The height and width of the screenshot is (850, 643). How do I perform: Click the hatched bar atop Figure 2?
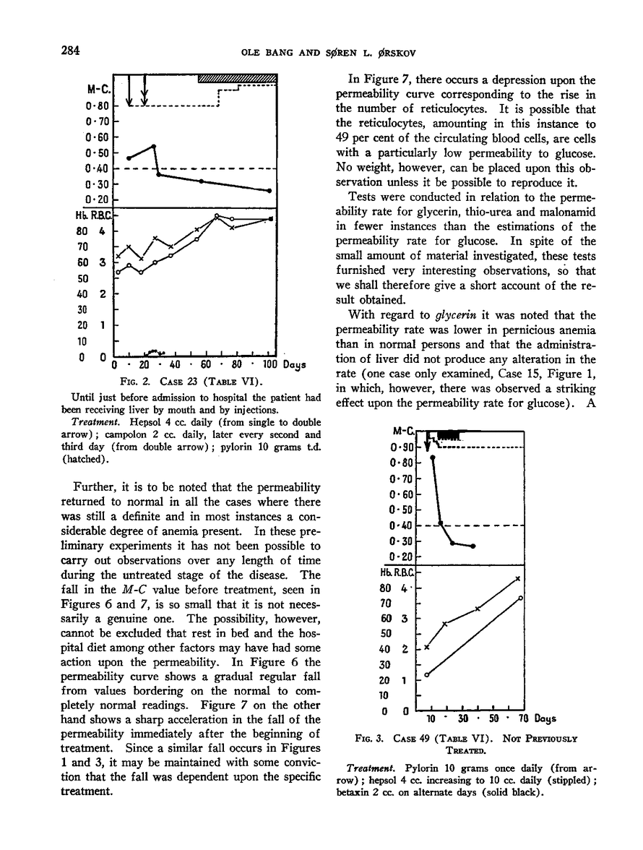click(237, 78)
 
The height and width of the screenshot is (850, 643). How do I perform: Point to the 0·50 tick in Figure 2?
click(98, 153)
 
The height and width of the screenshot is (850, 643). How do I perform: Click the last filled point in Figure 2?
click(269, 191)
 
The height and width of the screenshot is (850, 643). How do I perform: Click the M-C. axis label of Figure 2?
click(98, 90)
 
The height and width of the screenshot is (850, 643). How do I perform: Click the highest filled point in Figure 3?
click(433, 457)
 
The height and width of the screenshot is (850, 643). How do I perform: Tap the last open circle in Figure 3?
click(521, 598)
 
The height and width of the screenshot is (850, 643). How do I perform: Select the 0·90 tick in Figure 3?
click(402, 447)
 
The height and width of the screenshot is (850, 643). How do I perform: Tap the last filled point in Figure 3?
click(473, 546)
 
